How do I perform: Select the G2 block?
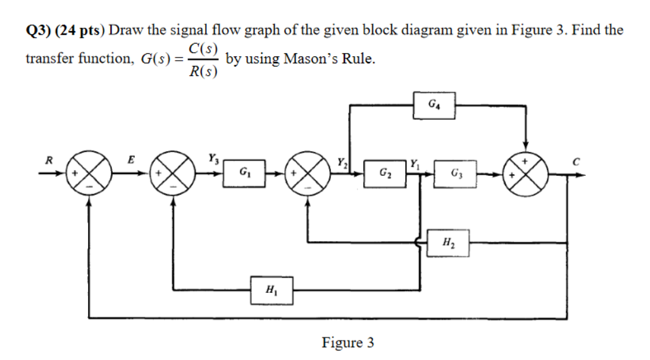click(384, 173)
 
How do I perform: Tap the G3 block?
click(455, 173)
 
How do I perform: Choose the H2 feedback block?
click(449, 242)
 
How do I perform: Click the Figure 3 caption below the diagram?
click(347, 343)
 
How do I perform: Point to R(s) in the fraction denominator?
click(203, 71)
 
